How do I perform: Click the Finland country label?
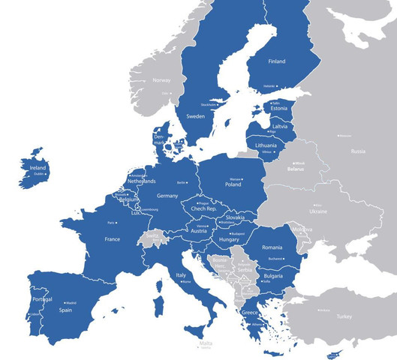pyautogui.click(x=276, y=61)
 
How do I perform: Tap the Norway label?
pyautogui.click(x=161, y=80)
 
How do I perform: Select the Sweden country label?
pyautogui.click(x=195, y=117)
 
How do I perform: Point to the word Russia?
pyautogui.click(x=358, y=151)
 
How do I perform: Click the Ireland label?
pyautogui.click(x=38, y=168)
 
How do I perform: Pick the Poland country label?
pyautogui.click(x=233, y=184)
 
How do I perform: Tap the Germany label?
pyautogui.click(x=168, y=196)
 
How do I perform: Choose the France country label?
pyautogui.click(x=112, y=239)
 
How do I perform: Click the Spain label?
pyautogui.click(x=66, y=309)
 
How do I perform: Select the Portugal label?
pyautogui.click(x=43, y=300)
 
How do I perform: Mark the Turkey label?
pyautogui.click(x=344, y=316)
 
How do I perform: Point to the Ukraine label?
pyautogui.click(x=318, y=211)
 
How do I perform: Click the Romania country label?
pyautogui.click(x=272, y=247)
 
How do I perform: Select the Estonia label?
pyautogui.click(x=279, y=109)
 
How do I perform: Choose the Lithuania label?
pyautogui.click(x=266, y=145)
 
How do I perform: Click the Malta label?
pyautogui.click(x=206, y=343)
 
